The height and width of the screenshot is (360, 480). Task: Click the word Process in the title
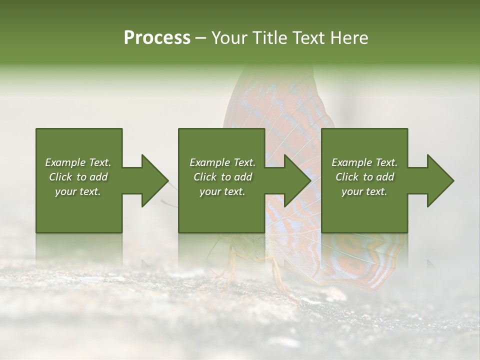[157, 37]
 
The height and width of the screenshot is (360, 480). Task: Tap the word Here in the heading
[349, 37]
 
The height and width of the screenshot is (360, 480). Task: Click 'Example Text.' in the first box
[78, 162]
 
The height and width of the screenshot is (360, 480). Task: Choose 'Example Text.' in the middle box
[222, 162]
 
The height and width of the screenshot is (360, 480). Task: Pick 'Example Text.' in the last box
[364, 162]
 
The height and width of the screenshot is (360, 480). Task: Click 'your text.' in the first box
[78, 191]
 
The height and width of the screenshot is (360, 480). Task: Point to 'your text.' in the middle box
[222, 191]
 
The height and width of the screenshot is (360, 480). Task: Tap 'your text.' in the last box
[364, 191]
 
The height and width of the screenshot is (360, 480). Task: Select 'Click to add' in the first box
[78, 177]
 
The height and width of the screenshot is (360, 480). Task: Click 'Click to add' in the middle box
[222, 177]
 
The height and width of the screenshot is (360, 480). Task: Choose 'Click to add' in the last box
[364, 177]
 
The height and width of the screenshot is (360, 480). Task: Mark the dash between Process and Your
[201, 38]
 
